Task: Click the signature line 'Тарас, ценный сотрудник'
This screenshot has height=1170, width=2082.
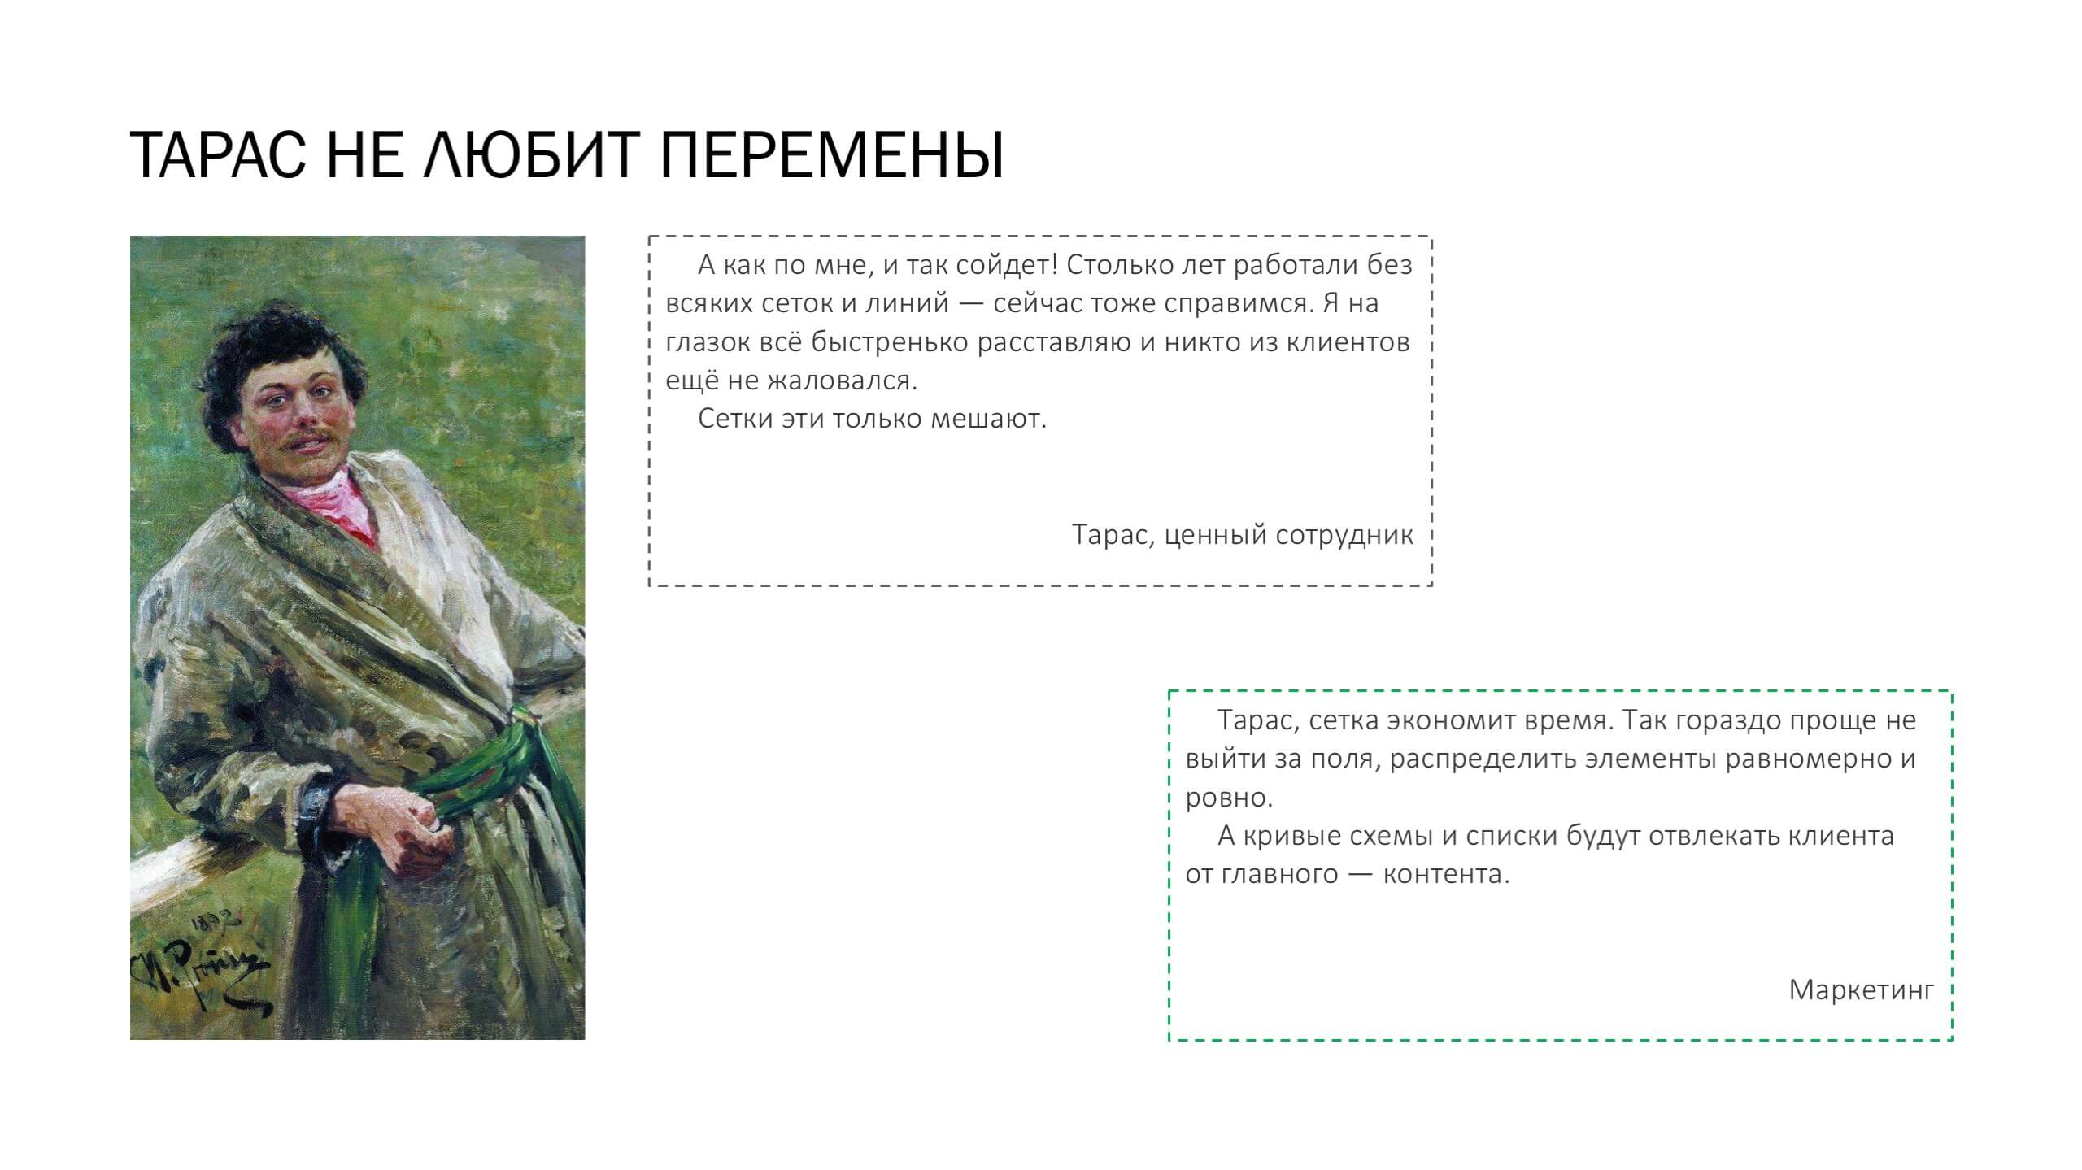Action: click(1242, 535)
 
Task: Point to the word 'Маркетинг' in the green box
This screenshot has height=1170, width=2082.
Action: click(1861, 989)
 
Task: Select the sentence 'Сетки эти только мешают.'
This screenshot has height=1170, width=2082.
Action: click(872, 419)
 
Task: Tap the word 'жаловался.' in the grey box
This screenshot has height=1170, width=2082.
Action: click(843, 381)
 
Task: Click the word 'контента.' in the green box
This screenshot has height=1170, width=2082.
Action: click(1446, 874)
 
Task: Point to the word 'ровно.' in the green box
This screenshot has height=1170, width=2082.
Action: click(1229, 798)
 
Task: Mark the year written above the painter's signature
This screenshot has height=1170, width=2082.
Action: click(213, 924)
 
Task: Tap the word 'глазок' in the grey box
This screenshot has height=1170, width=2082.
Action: click(708, 342)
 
